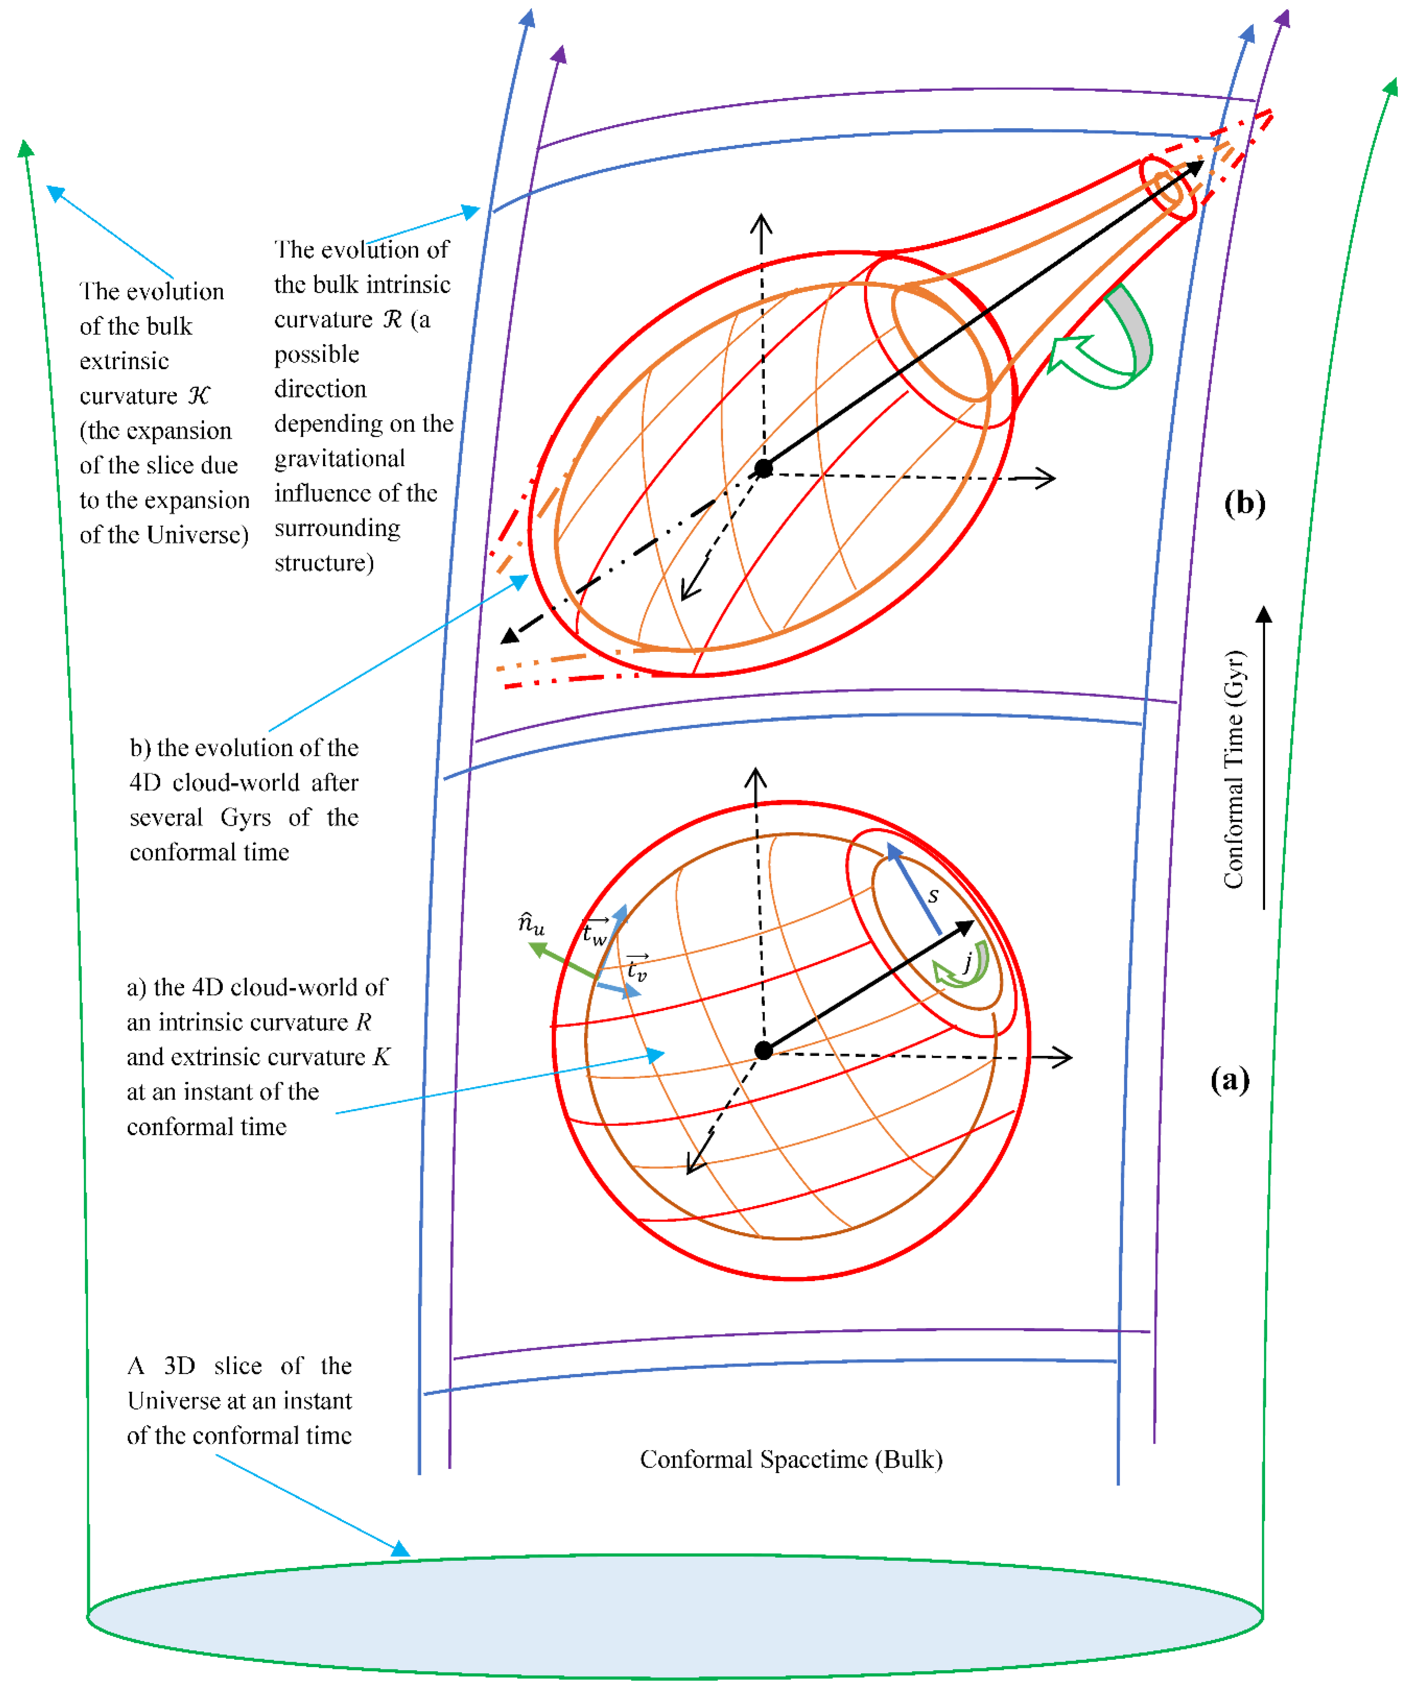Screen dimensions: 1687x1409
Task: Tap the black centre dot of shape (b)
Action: click(764, 468)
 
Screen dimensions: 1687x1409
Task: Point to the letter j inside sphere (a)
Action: click(968, 961)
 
